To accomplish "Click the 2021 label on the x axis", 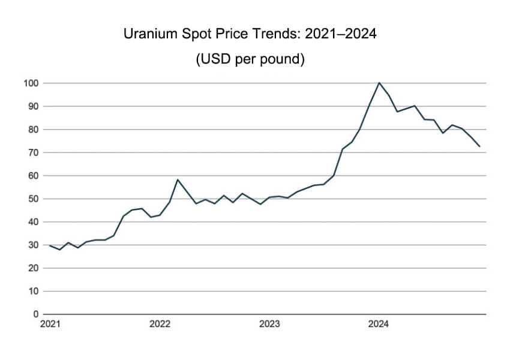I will click(50, 325).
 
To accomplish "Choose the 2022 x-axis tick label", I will click(160, 325).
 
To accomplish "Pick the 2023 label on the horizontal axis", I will click(269, 325).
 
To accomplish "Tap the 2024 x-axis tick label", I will click(379, 325).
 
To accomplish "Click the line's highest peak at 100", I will click(379, 83).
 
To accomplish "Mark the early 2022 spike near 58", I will click(177, 179).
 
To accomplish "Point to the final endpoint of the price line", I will click(479, 146).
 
